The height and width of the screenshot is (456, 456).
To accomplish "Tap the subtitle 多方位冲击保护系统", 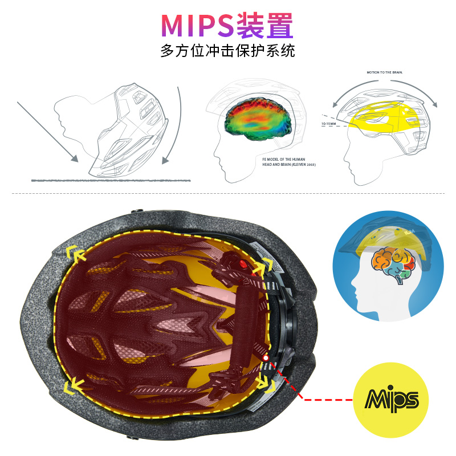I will (x=227, y=50).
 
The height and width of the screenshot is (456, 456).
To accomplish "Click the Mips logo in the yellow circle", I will (x=390, y=398).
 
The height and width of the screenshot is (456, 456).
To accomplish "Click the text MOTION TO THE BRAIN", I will (x=386, y=73).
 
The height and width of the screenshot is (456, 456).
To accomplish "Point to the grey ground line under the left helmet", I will (x=114, y=180).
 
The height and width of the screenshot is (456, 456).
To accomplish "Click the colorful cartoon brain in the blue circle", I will (x=390, y=263).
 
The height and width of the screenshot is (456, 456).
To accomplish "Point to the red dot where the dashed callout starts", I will (x=266, y=357).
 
